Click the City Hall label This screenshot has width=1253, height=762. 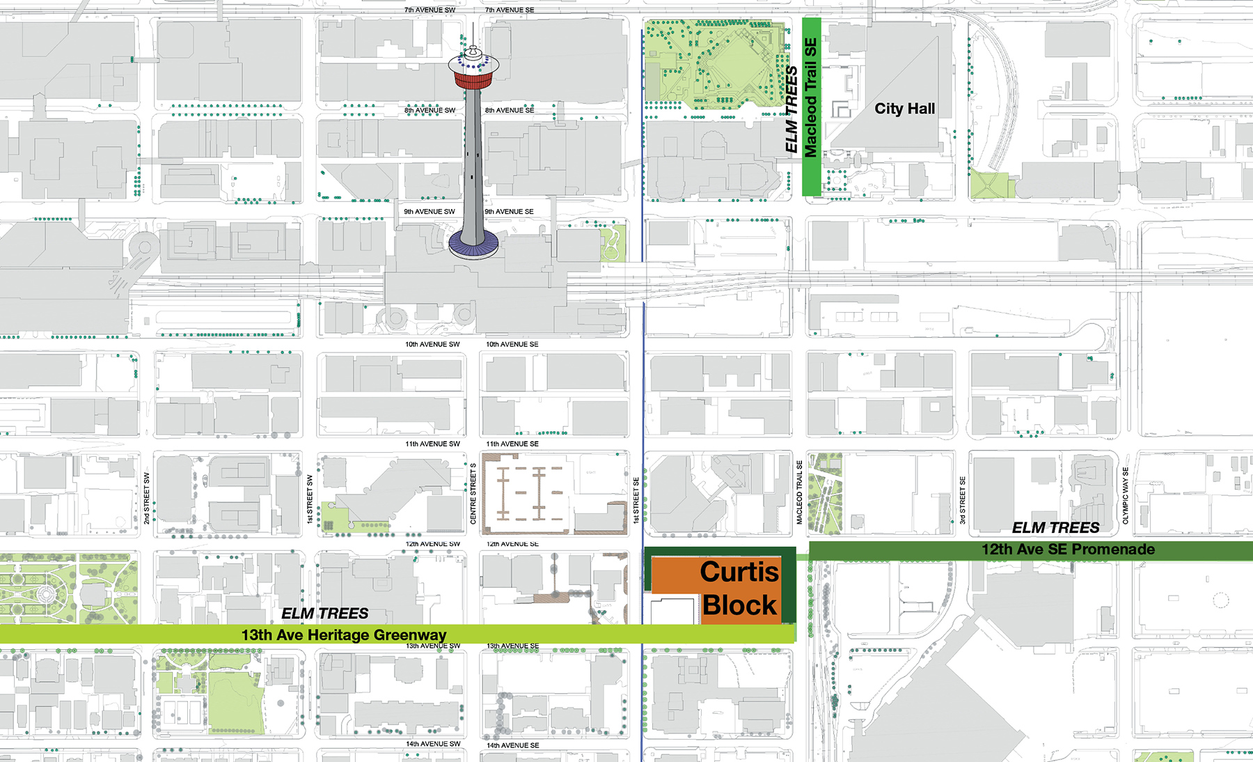904,109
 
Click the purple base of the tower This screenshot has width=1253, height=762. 473,244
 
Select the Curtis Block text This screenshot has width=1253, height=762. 739,588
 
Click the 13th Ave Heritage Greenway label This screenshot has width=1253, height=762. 343,635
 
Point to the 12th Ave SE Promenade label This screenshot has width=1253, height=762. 1068,550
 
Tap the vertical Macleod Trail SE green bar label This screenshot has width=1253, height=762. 811,98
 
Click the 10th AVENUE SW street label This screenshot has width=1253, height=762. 432,344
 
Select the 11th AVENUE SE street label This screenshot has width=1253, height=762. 512,444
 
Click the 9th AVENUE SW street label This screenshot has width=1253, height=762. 430,212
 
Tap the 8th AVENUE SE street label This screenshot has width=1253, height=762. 510,110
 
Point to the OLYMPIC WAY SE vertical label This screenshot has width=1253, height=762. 1126,495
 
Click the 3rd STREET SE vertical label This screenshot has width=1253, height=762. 963,500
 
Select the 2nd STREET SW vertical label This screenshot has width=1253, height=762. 147,498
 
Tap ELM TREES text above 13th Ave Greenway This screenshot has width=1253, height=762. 325,614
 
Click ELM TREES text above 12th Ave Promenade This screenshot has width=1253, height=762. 1055,528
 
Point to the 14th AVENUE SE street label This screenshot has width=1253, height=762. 512,745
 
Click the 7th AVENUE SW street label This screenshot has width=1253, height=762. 430,10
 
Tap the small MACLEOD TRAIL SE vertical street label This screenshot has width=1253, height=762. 799,492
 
